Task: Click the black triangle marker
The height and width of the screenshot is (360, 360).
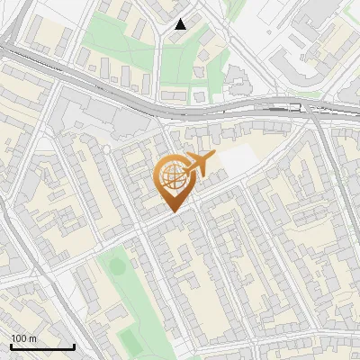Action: [180, 24]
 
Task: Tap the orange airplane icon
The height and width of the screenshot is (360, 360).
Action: [201, 165]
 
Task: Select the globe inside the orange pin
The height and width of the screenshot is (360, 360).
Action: [171, 177]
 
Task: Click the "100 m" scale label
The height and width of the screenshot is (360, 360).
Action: [24, 338]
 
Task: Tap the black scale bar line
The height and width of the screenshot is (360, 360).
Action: [42, 346]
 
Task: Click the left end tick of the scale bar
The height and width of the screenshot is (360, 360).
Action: [11, 345]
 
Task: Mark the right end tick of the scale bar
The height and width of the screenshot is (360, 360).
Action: [74, 345]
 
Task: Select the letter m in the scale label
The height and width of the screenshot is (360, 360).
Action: [32, 338]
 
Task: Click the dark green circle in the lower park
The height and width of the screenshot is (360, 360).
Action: [114, 266]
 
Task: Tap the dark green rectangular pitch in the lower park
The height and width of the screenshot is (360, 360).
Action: [130, 338]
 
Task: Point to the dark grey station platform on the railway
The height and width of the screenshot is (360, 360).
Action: [279, 107]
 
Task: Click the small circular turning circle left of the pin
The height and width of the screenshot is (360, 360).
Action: [105, 149]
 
